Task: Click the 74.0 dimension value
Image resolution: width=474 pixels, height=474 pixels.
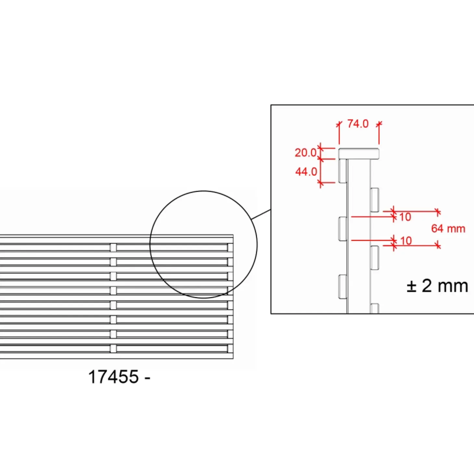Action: point(358,124)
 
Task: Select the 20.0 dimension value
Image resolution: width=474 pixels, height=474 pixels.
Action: point(306,153)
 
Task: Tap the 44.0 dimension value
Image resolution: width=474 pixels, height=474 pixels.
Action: point(306,171)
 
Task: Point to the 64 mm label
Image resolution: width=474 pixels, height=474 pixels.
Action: point(448,229)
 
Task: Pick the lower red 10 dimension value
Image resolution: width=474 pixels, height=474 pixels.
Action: point(406,241)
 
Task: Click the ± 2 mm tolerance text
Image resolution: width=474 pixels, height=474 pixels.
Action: point(437,286)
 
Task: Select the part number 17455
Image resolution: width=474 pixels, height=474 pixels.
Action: point(113,377)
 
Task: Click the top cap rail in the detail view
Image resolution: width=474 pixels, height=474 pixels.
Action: point(359,154)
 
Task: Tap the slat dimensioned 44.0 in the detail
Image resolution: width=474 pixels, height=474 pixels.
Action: point(342,171)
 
